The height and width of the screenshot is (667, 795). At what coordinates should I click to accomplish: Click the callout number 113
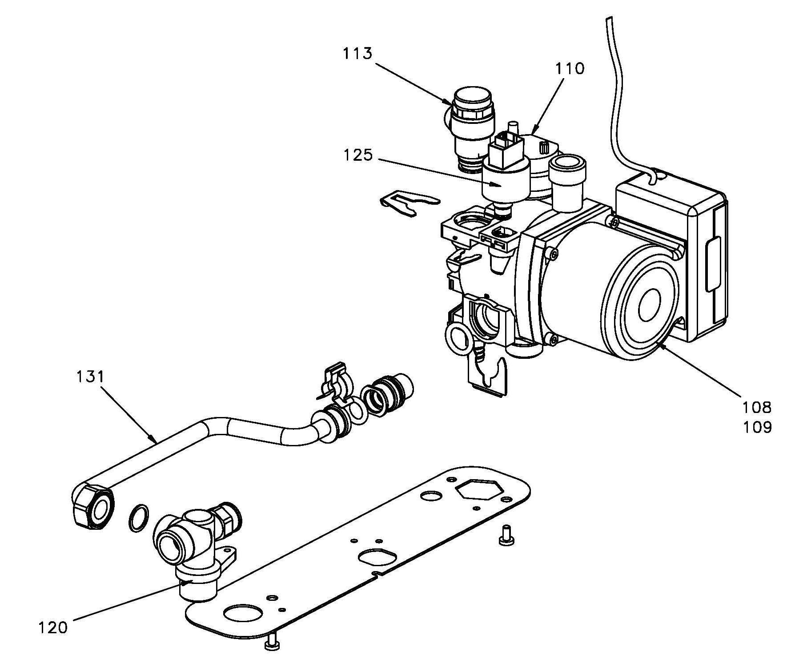pos(357,53)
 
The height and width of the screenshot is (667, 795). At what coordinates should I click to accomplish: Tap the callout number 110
pos(570,68)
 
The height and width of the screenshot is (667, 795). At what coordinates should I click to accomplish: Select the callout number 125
pos(357,155)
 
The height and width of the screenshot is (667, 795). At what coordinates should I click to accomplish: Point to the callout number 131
pos(90,377)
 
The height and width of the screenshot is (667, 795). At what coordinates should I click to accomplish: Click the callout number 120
pos(52,628)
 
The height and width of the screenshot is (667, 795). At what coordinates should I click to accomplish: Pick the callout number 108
pos(756,407)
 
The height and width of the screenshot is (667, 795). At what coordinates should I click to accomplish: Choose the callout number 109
pos(757,427)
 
